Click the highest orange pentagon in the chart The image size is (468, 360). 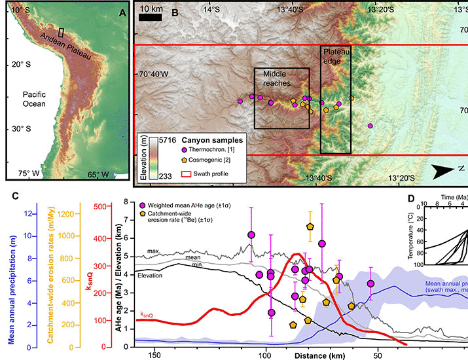point(310,226)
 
